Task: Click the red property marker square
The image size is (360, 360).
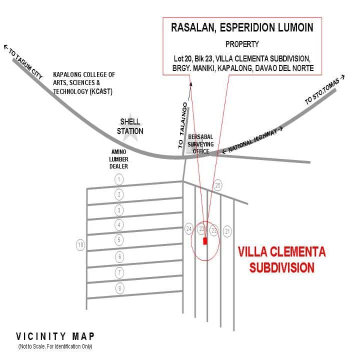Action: [205, 241]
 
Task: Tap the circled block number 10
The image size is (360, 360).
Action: [80, 245]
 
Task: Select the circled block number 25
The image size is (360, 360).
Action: [218, 185]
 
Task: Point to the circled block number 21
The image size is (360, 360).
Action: [227, 231]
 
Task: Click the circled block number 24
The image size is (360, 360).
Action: [189, 229]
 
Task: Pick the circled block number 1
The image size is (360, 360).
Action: [119, 179]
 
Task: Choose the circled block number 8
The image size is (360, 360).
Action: [119, 288]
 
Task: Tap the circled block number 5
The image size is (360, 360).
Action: [119, 240]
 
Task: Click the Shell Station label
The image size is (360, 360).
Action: [130, 126]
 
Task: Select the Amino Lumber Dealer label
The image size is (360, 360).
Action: [118, 159]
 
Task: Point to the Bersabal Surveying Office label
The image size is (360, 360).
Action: [200, 144]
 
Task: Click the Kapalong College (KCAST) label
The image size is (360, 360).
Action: [84, 83]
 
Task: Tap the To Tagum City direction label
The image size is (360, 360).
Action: [23, 61]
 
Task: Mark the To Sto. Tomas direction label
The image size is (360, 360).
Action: [324, 90]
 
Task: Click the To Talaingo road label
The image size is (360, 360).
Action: [183, 125]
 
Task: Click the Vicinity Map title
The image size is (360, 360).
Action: [55, 336]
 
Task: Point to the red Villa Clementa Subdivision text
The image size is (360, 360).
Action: [281, 259]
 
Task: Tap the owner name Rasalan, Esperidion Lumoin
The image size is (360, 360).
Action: [242, 27]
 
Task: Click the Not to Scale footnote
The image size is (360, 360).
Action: [55, 346]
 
